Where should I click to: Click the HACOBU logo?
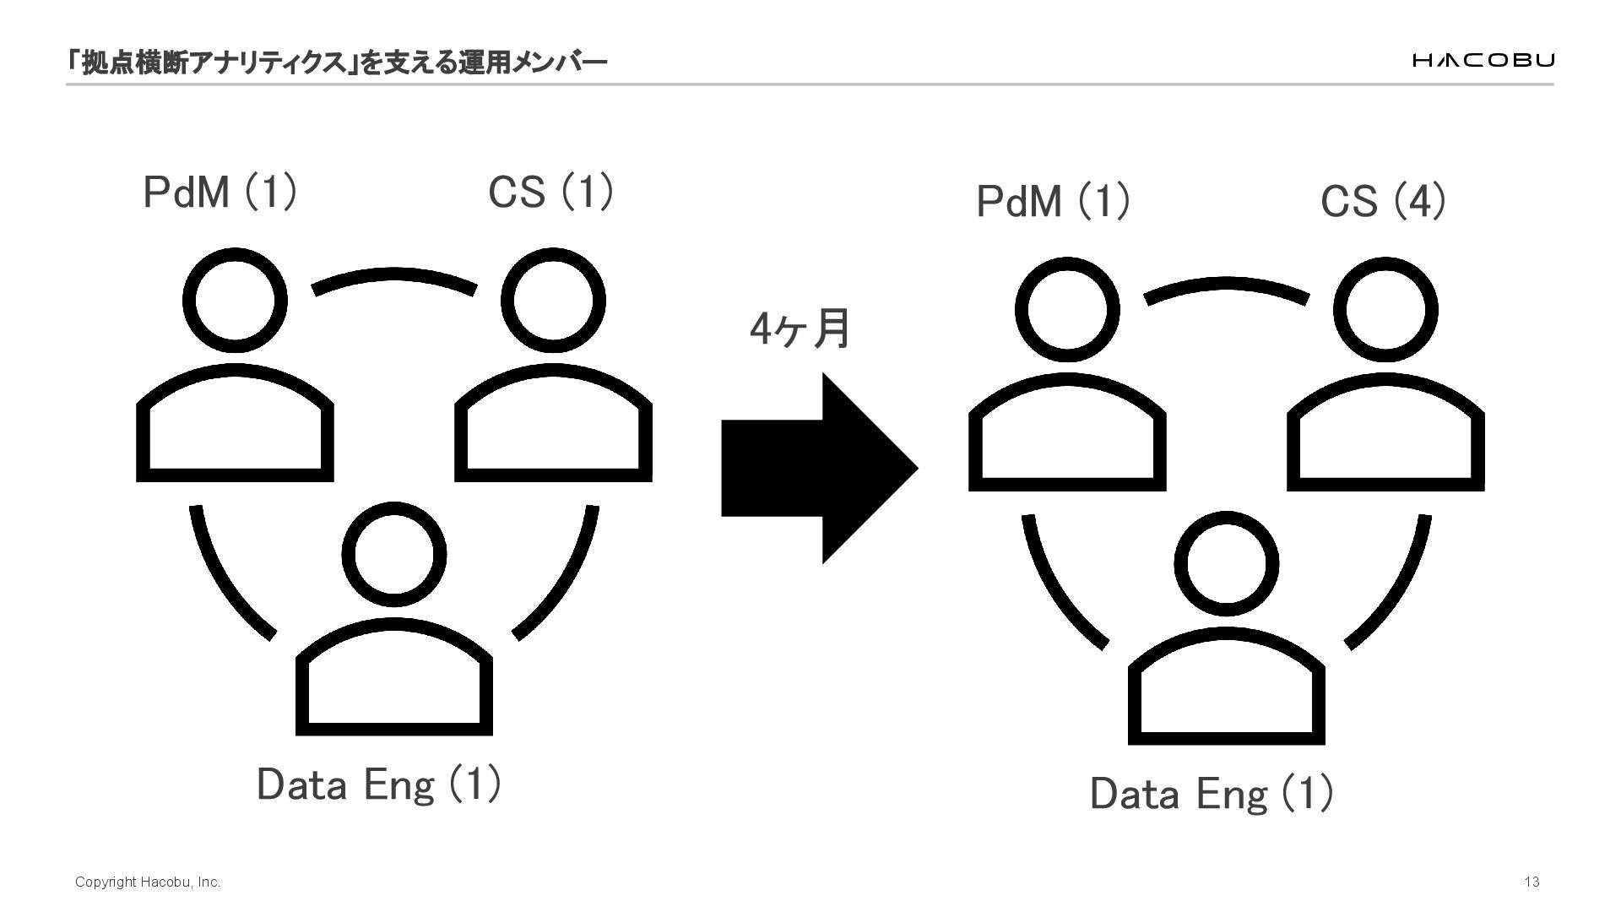click(1483, 60)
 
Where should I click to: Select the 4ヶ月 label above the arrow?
click(800, 329)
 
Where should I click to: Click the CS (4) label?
click(1383, 202)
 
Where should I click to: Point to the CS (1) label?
click(550, 192)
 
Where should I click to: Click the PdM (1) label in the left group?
click(220, 192)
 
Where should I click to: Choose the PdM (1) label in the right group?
click(1053, 202)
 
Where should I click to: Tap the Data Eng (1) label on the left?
click(378, 784)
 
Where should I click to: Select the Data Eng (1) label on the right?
click(1212, 795)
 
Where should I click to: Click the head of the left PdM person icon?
click(235, 301)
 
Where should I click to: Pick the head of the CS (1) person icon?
click(553, 301)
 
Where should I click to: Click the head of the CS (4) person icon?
click(1385, 310)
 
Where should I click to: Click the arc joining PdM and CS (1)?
click(393, 279)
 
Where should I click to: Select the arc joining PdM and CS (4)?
click(1226, 288)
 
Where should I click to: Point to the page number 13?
click(1532, 882)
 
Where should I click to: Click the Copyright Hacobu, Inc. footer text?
click(148, 882)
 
